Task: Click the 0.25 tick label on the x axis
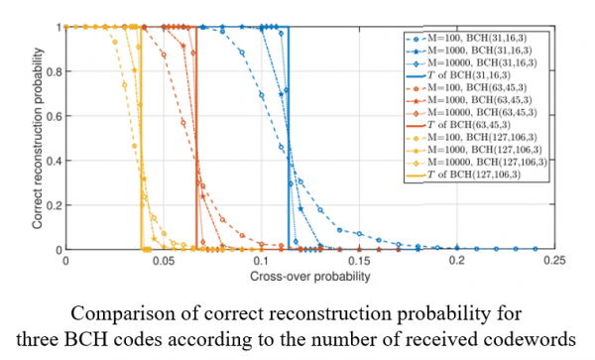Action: point(554,261)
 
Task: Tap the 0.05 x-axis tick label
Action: point(164,261)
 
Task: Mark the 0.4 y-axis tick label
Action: point(55,161)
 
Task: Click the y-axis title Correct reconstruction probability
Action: point(38,139)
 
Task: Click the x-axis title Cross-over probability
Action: point(310,276)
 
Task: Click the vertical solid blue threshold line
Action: point(289,138)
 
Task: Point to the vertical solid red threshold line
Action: point(196,138)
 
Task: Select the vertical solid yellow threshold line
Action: point(141,138)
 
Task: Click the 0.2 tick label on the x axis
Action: point(457,261)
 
